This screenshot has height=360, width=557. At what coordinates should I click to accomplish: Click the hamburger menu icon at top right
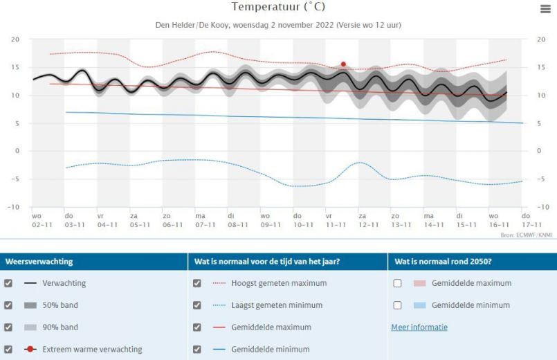(x=545, y=8)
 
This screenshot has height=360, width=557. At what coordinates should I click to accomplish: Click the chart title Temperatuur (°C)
(x=278, y=7)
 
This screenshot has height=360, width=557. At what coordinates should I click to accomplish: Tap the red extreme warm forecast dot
(x=343, y=64)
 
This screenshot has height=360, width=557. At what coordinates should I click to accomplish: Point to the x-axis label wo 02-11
(x=42, y=220)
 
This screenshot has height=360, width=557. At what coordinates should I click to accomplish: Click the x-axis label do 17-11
(x=531, y=220)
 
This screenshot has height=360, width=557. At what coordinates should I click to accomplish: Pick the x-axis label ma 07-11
(x=205, y=220)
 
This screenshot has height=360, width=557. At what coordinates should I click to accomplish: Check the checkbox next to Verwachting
(x=8, y=283)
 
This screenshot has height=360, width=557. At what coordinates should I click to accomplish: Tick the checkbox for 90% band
(x=8, y=327)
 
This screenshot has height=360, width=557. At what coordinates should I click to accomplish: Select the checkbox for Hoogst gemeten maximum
(x=197, y=283)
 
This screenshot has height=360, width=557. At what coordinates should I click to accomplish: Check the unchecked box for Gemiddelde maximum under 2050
(x=398, y=283)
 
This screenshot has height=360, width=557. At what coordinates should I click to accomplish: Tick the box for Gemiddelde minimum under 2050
(x=398, y=305)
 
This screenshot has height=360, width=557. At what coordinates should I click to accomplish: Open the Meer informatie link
(x=419, y=327)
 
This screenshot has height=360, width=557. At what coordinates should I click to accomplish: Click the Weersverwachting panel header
(x=39, y=262)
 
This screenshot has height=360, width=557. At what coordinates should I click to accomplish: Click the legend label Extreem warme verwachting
(x=92, y=350)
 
